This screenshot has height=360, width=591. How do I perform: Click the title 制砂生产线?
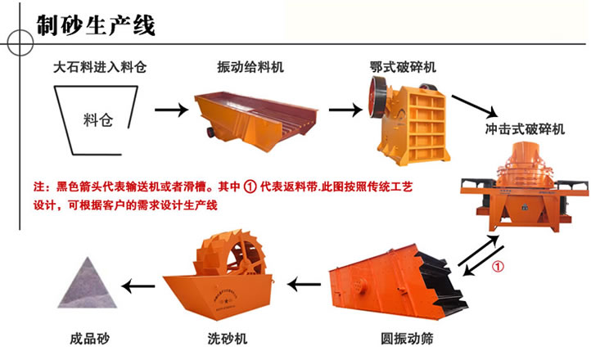pos(96,25)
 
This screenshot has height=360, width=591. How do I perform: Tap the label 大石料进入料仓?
pos(100,67)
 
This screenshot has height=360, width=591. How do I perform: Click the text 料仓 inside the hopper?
pos(98,120)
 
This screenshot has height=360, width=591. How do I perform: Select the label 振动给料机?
pos(250,67)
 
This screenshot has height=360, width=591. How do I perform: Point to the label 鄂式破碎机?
pos(403,67)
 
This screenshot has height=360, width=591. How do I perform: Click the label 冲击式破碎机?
pos(525,129)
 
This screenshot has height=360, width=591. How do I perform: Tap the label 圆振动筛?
pos(407,339)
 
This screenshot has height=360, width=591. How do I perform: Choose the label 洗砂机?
pos(228,339)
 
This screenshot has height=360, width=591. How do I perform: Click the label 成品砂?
pos(90,339)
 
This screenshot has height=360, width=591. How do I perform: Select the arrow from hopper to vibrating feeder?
pos(172,110)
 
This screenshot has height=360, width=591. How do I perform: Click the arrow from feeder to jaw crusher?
pos(345,110)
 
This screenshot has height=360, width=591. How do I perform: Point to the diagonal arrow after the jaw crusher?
pos(475,106)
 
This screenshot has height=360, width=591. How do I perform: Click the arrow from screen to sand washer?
pos(304,284)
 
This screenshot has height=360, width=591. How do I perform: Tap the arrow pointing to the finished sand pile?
pos(138,286)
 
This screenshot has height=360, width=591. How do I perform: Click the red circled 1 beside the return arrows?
pos(498,267)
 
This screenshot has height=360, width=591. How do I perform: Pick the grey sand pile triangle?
pos(88,285)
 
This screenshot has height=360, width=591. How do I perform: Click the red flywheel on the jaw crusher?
pos(377,97)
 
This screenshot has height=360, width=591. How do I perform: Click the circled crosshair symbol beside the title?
pos(20,43)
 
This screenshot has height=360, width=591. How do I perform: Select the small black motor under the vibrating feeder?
pos(210,132)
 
